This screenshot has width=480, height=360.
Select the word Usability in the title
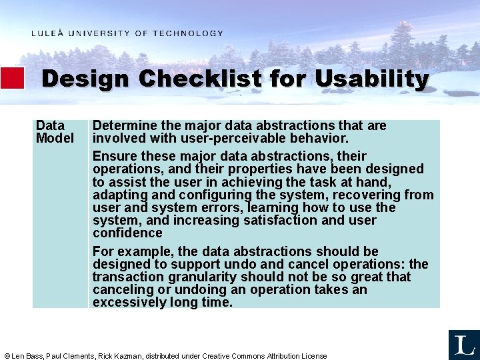click(x=371, y=79)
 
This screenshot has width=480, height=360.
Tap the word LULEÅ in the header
click(x=47, y=33)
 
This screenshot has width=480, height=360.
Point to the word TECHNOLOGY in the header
click(x=188, y=33)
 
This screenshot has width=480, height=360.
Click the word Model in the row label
click(x=55, y=138)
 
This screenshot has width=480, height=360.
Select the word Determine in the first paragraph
click(x=121, y=125)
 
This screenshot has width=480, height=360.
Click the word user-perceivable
click(x=213, y=138)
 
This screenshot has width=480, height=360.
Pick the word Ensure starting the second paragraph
click(x=113, y=157)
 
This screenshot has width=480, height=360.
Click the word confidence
click(x=127, y=233)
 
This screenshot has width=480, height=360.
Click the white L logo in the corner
click(x=464, y=345)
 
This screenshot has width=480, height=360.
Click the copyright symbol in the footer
click(x=7, y=356)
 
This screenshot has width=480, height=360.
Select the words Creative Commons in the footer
click(x=233, y=356)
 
